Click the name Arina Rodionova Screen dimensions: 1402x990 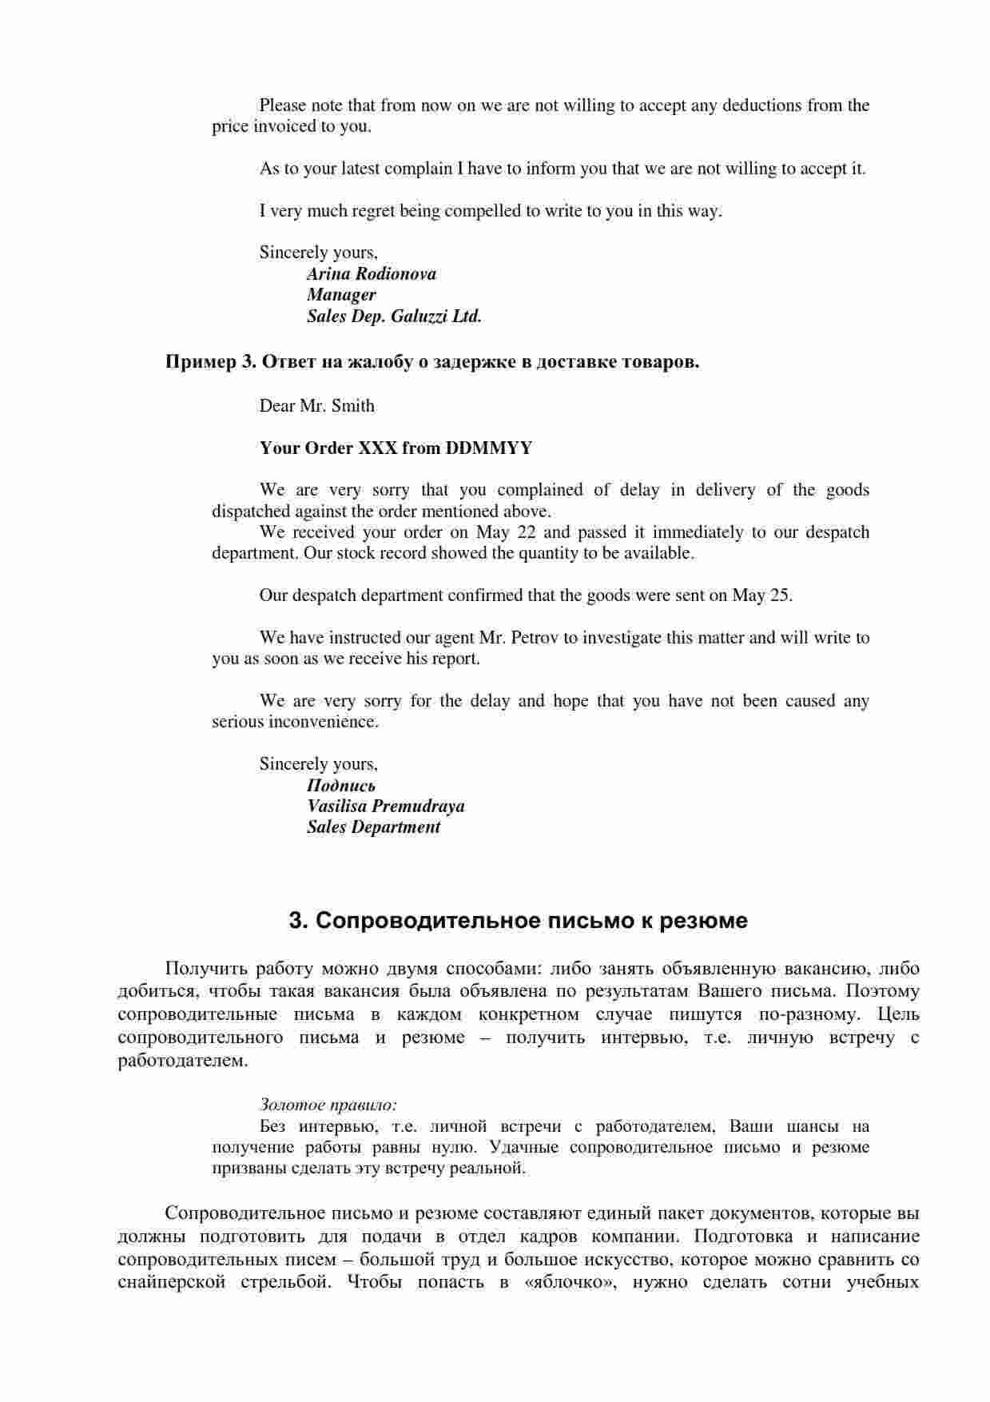[372, 274]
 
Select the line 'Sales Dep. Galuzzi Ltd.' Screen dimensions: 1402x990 [394, 317]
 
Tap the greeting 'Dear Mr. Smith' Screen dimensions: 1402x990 [316, 406]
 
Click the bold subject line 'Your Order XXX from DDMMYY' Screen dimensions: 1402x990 [396, 448]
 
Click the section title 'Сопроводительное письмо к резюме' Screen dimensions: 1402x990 [518, 921]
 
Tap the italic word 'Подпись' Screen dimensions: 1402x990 [341, 786]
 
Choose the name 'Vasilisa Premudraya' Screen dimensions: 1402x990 [385, 807]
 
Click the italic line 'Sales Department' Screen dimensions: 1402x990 [373, 827]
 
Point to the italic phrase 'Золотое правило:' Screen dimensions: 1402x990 [328, 1105]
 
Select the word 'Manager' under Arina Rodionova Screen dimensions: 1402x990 [341, 295]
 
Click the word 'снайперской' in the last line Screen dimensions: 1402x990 [168, 1283]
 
